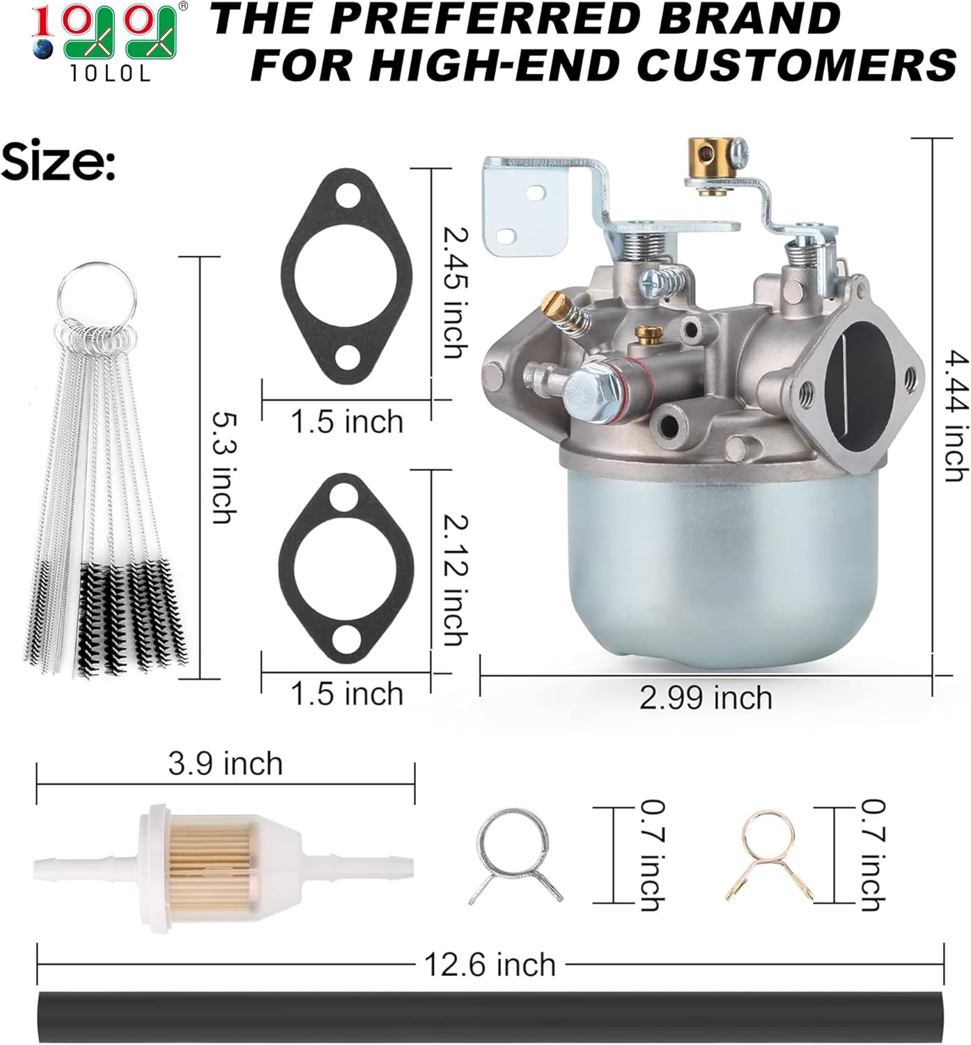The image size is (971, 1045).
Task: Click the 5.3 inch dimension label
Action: point(224,467)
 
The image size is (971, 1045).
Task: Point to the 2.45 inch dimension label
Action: point(456,293)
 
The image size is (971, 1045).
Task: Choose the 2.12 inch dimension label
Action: point(456,580)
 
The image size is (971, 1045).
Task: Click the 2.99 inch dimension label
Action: point(706,698)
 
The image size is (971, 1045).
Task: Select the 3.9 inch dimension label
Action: point(225,764)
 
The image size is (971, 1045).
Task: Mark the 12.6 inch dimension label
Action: point(490,964)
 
